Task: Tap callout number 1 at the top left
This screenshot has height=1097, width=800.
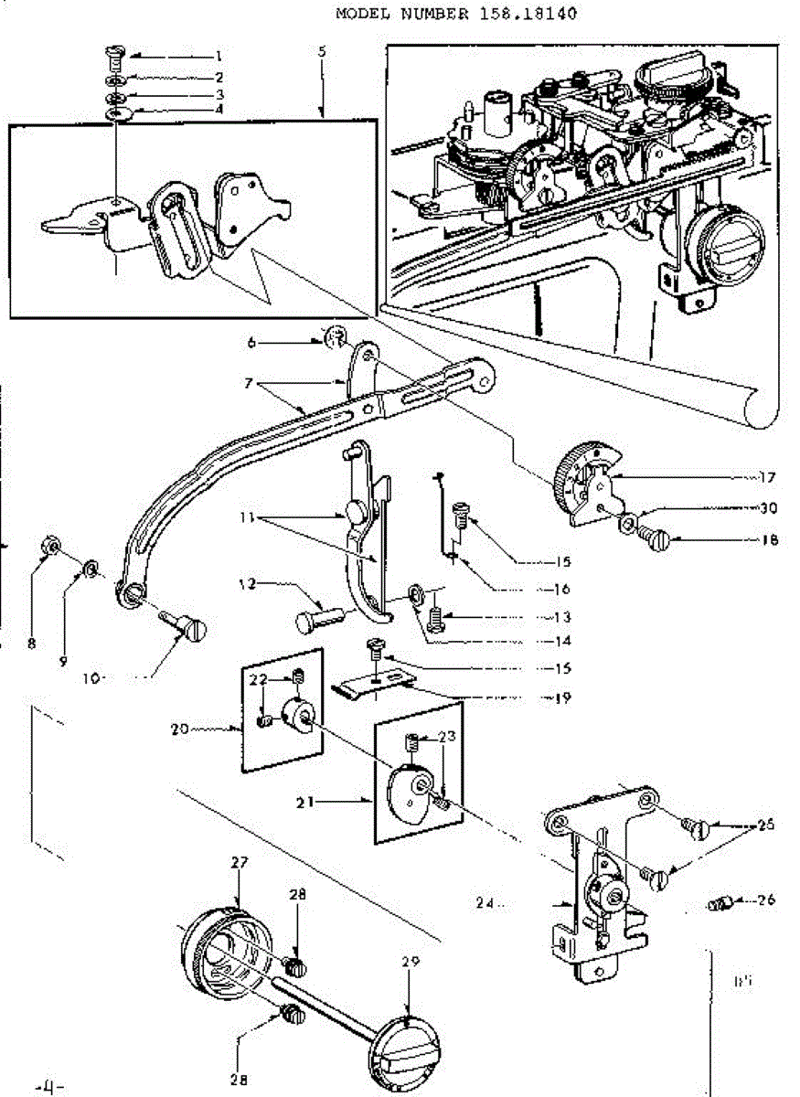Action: coord(219,56)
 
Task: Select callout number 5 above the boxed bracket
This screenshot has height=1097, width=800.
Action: coord(322,52)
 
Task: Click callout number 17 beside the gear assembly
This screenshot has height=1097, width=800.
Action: coord(765,476)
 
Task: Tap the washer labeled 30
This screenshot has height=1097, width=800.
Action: coord(630,524)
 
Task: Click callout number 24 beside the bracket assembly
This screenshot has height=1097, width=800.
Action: coord(485,904)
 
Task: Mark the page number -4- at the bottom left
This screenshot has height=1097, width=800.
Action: coord(48,1089)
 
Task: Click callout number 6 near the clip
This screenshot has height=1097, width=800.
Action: coord(251,343)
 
